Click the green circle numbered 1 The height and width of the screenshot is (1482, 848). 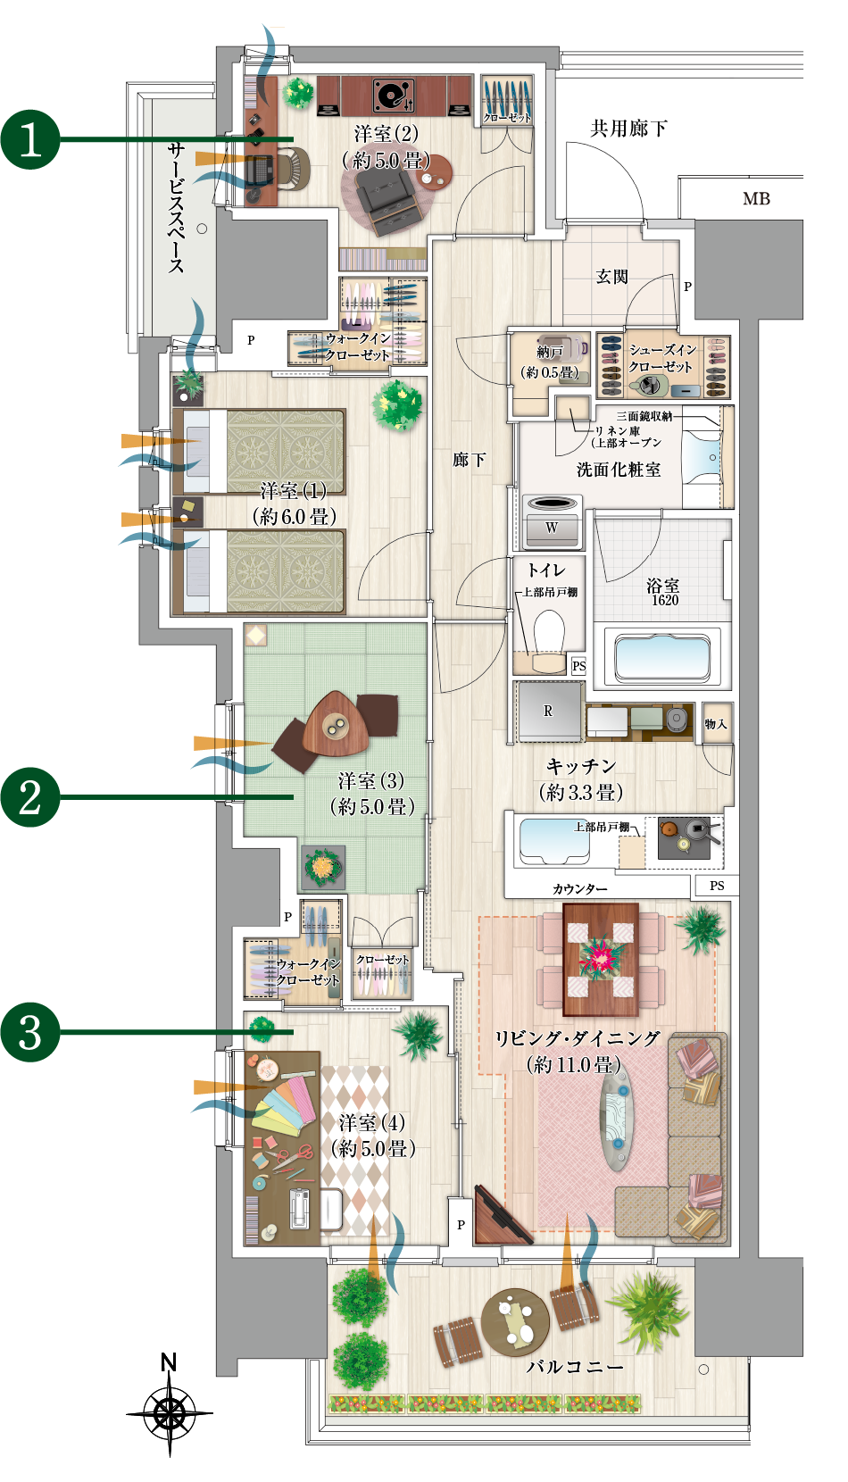coord(30,139)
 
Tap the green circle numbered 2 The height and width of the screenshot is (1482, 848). coord(30,797)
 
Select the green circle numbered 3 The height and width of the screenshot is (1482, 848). coord(30,1032)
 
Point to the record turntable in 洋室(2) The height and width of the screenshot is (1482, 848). coord(394,96)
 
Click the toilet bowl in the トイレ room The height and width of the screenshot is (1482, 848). coord(548,635)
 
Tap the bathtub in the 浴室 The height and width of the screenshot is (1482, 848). coord(663,658)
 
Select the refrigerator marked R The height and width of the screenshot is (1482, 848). coord(550,712)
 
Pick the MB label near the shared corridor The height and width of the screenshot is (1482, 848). coord(756,198)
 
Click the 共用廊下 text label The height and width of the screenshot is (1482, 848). coord(628,128)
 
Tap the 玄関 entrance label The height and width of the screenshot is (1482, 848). coord(611,277)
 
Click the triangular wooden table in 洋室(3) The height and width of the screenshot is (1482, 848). coord(336,723)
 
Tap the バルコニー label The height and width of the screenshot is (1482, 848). coord(575,1366)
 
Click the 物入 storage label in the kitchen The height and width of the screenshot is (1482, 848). coord(717,724)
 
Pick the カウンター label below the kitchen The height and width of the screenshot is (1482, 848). coord(579,889)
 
